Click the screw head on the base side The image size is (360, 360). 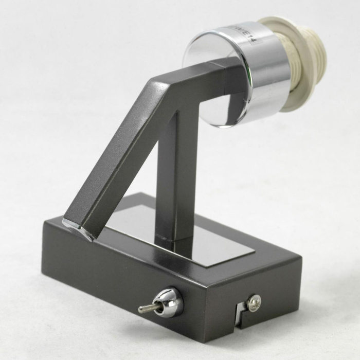254,302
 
